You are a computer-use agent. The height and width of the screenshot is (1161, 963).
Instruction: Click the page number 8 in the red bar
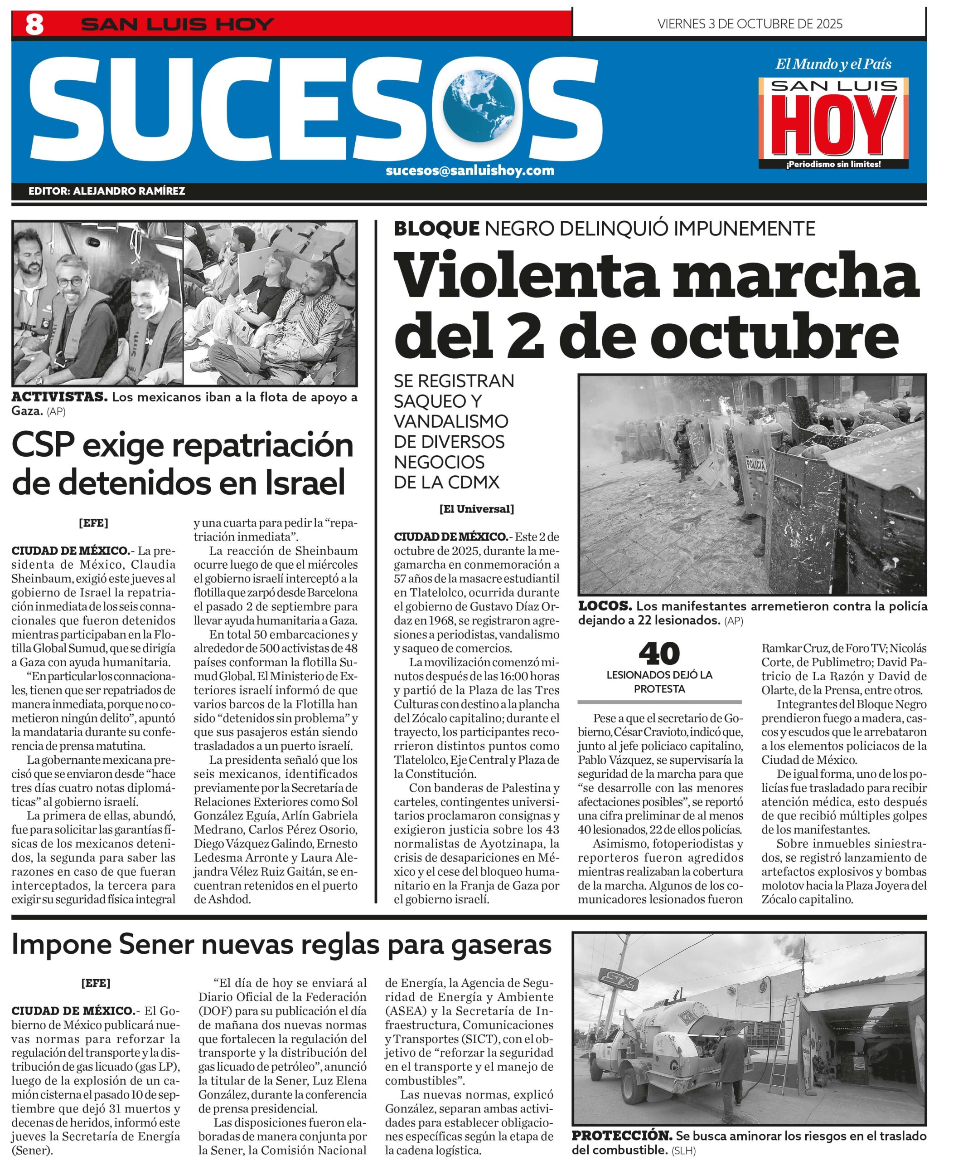(34, 24)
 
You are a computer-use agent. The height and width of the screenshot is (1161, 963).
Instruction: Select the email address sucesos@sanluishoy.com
(469, 170)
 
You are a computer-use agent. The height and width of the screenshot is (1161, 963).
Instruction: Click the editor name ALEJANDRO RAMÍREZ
(129, 191)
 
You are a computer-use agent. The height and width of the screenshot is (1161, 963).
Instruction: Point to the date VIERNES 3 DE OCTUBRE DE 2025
(750, 24)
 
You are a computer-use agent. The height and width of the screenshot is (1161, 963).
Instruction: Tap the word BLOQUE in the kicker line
(436, 228)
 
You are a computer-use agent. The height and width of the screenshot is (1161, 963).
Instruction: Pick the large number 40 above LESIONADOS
(659, 654)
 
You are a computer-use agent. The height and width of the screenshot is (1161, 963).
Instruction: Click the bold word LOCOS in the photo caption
(605, 606)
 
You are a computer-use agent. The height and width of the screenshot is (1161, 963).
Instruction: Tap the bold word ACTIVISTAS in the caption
(59, 397)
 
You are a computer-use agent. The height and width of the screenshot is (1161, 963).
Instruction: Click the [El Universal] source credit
(477, 509)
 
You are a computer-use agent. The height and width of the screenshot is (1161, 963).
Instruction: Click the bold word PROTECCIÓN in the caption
(622, 1136)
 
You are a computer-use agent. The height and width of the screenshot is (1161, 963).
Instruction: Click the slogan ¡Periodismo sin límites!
(833, 164)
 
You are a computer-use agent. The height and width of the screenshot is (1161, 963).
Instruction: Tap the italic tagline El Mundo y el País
(833, 64)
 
